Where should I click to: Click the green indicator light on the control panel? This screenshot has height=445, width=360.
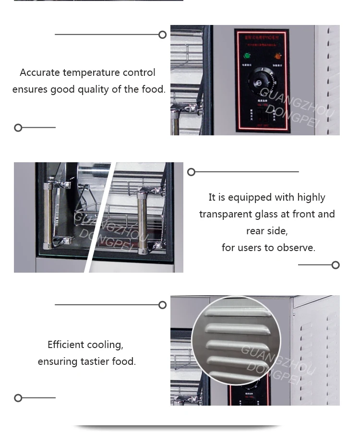point(247,56)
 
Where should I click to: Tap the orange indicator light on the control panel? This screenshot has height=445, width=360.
point(277,56)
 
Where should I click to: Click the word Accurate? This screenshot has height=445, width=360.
point(40,72)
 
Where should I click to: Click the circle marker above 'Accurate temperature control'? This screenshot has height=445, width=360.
point(163,35)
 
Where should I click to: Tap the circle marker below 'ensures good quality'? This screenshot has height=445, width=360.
point(18,128)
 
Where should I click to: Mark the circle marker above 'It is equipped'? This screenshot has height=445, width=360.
point(191,172)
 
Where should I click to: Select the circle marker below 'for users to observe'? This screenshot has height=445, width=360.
point(336,265)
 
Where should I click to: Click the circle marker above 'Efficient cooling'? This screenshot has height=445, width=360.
point(163,305)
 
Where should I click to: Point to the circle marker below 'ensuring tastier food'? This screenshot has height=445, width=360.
point(18,398)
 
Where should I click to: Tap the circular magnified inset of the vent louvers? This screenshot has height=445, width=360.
point(236,340)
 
